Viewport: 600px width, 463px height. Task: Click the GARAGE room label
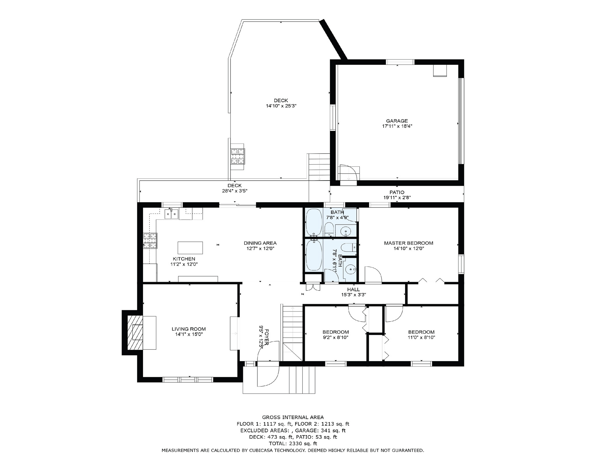397,121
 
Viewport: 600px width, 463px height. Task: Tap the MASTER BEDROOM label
408,243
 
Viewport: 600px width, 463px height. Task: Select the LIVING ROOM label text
189,329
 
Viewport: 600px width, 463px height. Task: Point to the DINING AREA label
260,243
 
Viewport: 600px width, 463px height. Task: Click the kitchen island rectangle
190,248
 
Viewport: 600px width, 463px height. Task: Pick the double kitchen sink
171,214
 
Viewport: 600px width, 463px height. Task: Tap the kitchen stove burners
150,241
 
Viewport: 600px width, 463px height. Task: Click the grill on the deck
238,156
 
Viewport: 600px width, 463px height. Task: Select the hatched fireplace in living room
135,332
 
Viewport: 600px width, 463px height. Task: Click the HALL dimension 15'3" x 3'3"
353,295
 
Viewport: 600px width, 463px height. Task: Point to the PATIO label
397,192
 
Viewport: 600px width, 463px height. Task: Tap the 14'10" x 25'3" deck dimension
281,106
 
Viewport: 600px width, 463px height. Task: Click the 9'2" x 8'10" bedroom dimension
336,338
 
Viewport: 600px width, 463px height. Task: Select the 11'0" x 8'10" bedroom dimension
421,338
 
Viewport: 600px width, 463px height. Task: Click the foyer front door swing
268,364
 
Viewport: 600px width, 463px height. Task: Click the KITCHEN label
184,259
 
